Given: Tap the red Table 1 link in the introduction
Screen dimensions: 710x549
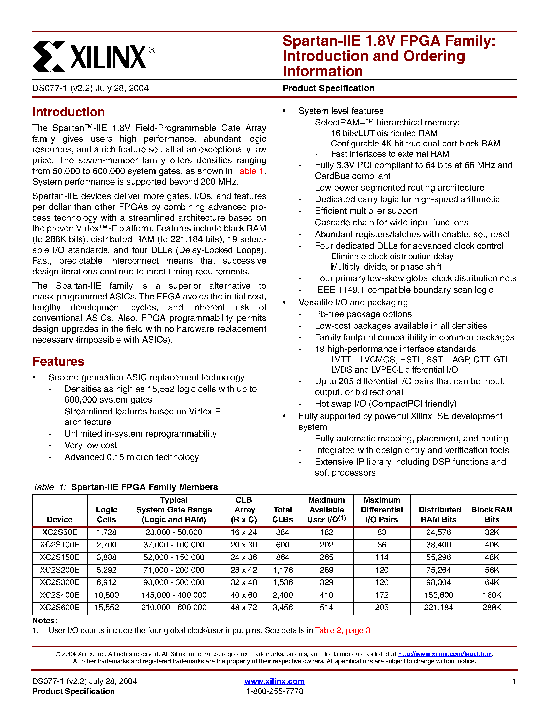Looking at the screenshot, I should pos(249,171).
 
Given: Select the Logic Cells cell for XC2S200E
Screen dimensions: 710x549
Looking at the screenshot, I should pos(106,570).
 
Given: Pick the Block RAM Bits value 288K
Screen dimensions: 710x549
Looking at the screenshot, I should pos(491,607).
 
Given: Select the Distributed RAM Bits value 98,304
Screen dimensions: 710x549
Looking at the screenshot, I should pos(438,582).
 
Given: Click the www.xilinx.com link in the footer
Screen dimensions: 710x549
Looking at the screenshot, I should pos(274,681).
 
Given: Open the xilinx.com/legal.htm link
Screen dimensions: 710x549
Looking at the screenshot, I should pos(445,654).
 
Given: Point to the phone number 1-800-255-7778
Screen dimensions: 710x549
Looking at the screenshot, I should pos(274,691).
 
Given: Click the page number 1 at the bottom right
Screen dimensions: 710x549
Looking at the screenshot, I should pos(514,681).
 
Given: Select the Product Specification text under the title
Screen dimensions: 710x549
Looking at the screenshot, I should pos(328,88).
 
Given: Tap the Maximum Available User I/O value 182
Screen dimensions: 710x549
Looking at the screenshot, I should pos(326,532).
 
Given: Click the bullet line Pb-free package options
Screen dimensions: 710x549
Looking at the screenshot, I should pos(363,314).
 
